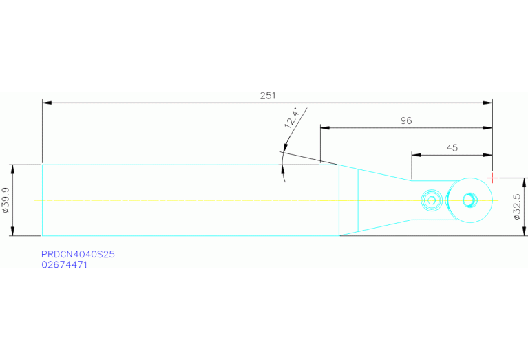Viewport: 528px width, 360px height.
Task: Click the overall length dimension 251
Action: pos(268,96)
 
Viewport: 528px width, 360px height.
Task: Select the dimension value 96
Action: pos(406,120)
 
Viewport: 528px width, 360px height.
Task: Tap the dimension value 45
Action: pos(452,148)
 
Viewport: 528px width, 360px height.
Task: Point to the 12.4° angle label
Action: pos(292,118)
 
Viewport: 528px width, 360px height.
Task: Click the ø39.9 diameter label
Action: pos(6,200)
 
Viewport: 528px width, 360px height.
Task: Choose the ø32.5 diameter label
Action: pos(517,207)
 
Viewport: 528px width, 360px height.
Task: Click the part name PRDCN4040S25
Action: pos(78,254)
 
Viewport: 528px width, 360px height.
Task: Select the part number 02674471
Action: pos(64,265)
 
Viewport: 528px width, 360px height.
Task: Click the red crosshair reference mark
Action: pos(492,178)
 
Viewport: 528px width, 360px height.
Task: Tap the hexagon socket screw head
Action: pos(432,201)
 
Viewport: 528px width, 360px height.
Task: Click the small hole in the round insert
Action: pos(469,200)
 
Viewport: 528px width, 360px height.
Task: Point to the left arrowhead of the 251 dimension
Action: pos(47,103)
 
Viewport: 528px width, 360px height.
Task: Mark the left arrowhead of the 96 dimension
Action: pos(325,128)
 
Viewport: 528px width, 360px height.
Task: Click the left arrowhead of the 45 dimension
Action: pos(416,155)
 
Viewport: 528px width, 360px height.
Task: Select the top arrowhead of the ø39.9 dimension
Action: pos(13,169)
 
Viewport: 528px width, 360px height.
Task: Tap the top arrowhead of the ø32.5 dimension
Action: pos(524,182)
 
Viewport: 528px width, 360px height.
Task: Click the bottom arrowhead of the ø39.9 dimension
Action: pos(13,231)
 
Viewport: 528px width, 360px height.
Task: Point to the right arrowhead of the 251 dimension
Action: pos(487,103)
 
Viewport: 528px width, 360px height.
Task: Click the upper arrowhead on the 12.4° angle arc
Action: pos(285,149)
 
